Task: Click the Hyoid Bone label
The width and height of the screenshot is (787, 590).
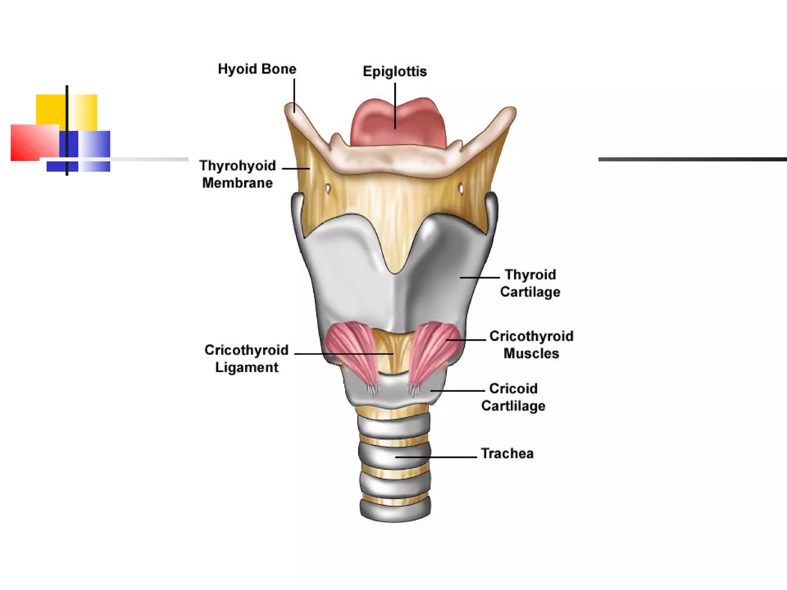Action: pyautogui.click(x=257, y=69)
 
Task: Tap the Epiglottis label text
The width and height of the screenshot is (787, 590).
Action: pyautogui.click(x=395, y=71)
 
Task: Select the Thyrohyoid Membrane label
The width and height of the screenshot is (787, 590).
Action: pyautogui.click(x=237, y=174)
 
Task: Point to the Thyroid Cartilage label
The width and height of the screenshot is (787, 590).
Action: pyautogui.click(x=530, y=283)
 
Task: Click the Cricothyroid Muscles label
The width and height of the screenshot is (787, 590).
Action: pyautogui.click(x=531, y=345)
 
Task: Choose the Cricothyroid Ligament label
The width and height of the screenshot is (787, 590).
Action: pyautogui.click(x=246, y=358)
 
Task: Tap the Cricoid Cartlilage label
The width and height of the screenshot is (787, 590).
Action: pyautogui.click(x=513, y=397)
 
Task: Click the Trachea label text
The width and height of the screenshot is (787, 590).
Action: pyautogui.click(x=507, y=454)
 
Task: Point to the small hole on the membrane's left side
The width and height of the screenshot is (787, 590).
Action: pyautogui.click(x=328, y=189)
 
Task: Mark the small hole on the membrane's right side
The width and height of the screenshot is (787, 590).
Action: pyautogui.click(x=461, y=189)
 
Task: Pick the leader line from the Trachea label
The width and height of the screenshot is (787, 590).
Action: pyautogui.click(x=436, y=457)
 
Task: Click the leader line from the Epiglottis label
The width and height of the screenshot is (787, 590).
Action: pyautogui.click(x=395, y=106)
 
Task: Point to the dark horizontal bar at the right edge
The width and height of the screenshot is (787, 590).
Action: pyautogui.click(x=692, y=159)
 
